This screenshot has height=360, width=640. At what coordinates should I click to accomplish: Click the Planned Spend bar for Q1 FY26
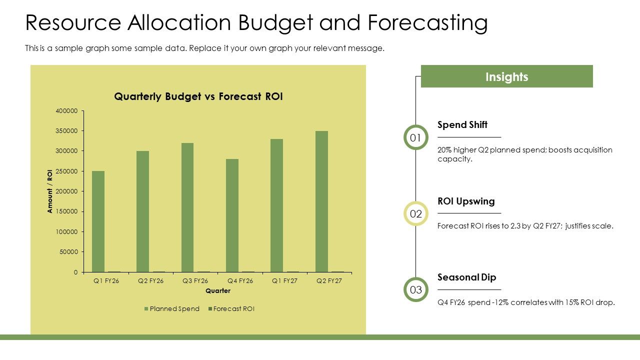click(x=98, y=221)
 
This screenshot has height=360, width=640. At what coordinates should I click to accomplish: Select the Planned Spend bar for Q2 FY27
click(x=321, y=201)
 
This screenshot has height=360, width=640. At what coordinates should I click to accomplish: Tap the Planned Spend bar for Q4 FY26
click(x=232, y=215)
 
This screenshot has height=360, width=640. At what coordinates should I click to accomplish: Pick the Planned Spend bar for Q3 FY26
click(x=187, y=207)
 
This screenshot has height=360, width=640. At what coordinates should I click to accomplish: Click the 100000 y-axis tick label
click(x=66, y=231)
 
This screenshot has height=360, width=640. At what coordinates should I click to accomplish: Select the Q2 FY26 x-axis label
click(x=150, y=281)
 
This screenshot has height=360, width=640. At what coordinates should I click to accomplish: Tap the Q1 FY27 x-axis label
click(x=284, y=281)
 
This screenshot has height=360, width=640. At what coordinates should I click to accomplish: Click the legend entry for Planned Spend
click(x=171, y=309)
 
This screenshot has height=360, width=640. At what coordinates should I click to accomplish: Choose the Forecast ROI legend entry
click(x=231, y=309)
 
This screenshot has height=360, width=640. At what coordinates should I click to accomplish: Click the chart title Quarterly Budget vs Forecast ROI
click(x=198, y=96)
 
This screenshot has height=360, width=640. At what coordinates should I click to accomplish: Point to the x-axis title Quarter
click(x=218, y=291)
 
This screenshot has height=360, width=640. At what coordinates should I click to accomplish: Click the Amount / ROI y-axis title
click(x=50, y=191)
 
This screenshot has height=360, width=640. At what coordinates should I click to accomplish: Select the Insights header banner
click(x=507, y=76)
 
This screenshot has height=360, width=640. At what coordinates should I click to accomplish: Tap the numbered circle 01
click(x=415, y=137)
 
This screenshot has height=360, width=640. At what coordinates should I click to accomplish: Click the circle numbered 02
click(x=415, y=213)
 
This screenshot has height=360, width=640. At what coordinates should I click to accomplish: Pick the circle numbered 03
click(x=415, y=289)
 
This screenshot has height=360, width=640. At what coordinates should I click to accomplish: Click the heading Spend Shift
click(x=462, y=125)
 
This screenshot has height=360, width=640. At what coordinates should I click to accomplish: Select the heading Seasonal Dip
click(x=467, y=277)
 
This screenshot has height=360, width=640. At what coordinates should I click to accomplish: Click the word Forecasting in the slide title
click(x=427, y=23)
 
